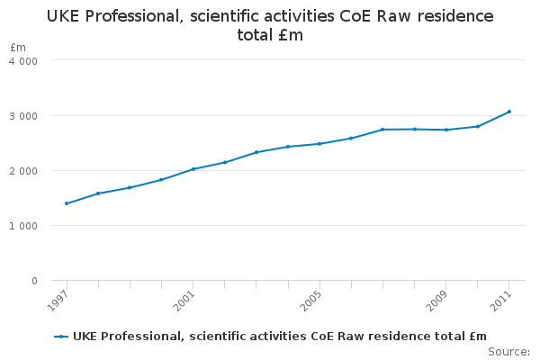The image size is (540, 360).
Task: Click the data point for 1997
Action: pyautogui.click(x=67, y=203)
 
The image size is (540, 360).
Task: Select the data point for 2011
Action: pyautogui.click(x=509, y=112)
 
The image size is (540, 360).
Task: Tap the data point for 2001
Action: pyautogui.click(x=193, y=169)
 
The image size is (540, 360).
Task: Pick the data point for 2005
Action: pyautogui.click(x=319, y=144)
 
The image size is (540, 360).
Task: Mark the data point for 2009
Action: pyautogui.click(x=446, y=130)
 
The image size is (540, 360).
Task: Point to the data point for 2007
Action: pyautogui.click(x=382, y=130)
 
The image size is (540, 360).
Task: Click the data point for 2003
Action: pyautogui.click(x=256, y=152)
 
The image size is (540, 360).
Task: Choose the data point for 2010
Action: pyautogui.click(x=478, y=126)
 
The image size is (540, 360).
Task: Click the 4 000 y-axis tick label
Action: pyautogui.click(x=22, y=61)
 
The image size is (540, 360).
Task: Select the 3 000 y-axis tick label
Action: pyautogui.click(x=22, y=116)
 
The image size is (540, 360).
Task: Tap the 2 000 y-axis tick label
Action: pyautogui.click(x=22, y=171)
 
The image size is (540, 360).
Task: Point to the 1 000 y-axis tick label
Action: pyautogui.click(x=22, y=226)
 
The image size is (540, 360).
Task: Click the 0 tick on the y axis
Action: pyautogui.click(x=34, y=281)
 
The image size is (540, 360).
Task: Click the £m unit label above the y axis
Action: pyautogui.click(x=18, y=47)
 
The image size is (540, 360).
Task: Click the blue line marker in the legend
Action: pyautogui.click(x=61, y=337)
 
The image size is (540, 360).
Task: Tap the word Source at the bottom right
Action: pyautogui.click(x=508, y=351)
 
